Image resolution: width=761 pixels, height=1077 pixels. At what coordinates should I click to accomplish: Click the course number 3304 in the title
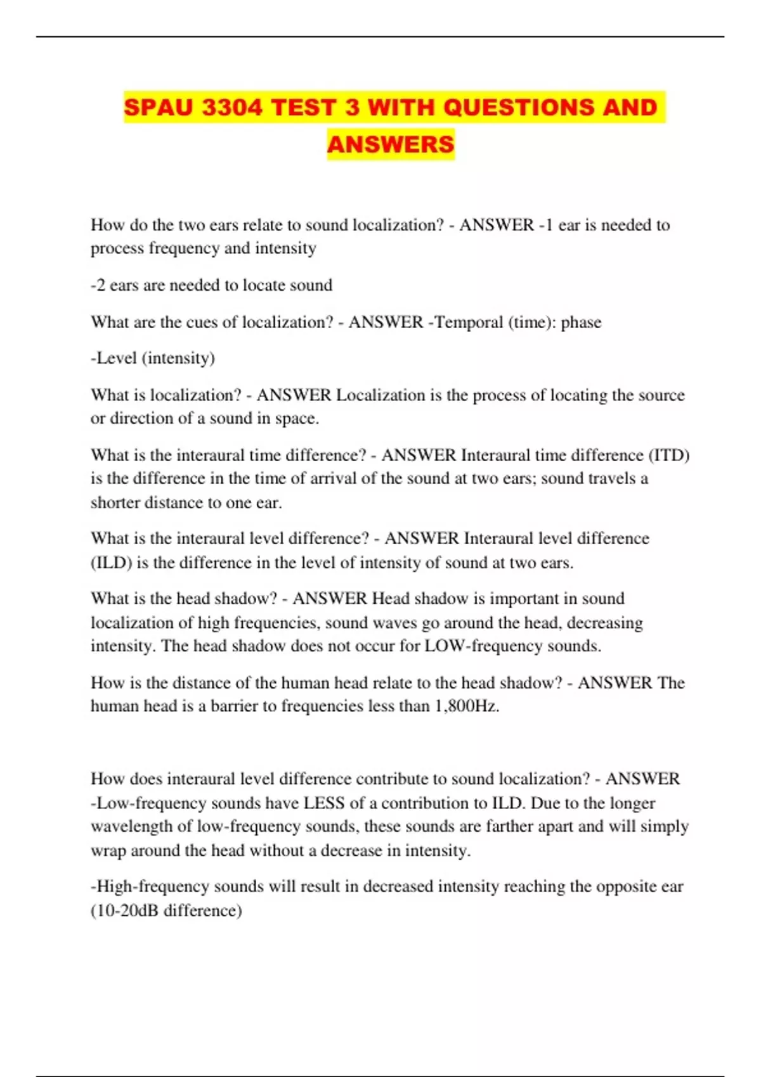(232, 107)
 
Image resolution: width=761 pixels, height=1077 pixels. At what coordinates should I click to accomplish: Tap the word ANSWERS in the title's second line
(391, 144)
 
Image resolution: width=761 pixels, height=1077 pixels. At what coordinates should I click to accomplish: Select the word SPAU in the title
(158, 107)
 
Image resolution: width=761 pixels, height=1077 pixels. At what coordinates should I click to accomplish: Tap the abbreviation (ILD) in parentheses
(111, 563)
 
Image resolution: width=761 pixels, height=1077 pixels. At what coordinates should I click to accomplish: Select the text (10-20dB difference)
(166, 910)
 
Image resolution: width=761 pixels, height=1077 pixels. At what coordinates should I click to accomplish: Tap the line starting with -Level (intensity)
(153, 358)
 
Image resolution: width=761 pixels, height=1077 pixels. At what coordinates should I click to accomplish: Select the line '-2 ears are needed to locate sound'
(211, 285)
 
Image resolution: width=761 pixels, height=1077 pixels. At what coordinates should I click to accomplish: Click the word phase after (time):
(581, 322)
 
